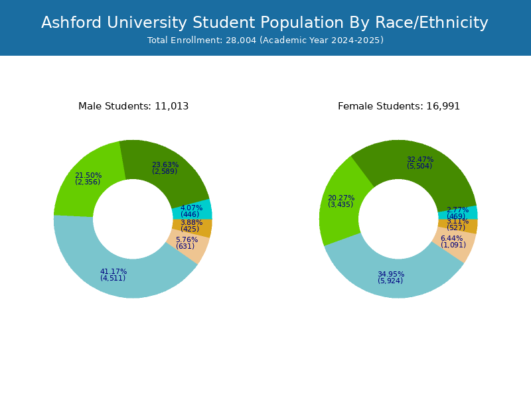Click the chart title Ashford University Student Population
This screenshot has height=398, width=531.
(265, 23)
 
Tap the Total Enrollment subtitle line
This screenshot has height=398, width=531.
(265, 40)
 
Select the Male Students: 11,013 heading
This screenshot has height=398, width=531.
(133, 106)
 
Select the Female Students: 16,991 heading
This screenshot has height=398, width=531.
(399, 106)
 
